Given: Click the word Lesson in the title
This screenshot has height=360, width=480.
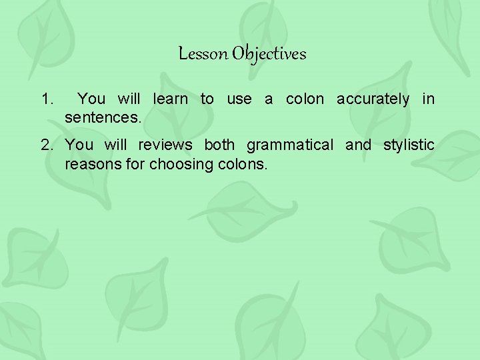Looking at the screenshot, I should (x=203, y=54).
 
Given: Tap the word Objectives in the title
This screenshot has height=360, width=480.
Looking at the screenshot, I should (x=269, y=55).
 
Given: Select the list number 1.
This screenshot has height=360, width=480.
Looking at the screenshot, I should (x=46, y=100).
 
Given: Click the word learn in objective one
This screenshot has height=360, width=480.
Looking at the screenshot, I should (x=170, y=99).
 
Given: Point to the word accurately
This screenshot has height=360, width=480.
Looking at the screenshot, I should (x=373, y=99).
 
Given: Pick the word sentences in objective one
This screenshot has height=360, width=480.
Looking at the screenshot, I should (x=103, y=119).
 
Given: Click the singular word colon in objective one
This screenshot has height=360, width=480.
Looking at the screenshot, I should (x=305, y=99).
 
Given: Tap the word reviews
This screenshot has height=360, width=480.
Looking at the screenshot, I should (x=165, y=145).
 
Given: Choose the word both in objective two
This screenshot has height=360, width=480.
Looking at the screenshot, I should (x=219, y=145).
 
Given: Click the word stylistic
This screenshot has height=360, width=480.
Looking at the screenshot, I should (x=409, y=145).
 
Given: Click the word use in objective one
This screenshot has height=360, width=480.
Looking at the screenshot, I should (x=239, y=100).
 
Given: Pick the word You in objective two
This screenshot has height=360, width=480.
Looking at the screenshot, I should (x=80, y=145).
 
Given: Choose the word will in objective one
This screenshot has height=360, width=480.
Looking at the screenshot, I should (x=129, y=99).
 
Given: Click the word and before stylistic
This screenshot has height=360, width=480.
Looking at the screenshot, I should (x=358, y=145).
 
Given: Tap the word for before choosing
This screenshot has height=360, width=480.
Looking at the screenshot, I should (x=133, y=164).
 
